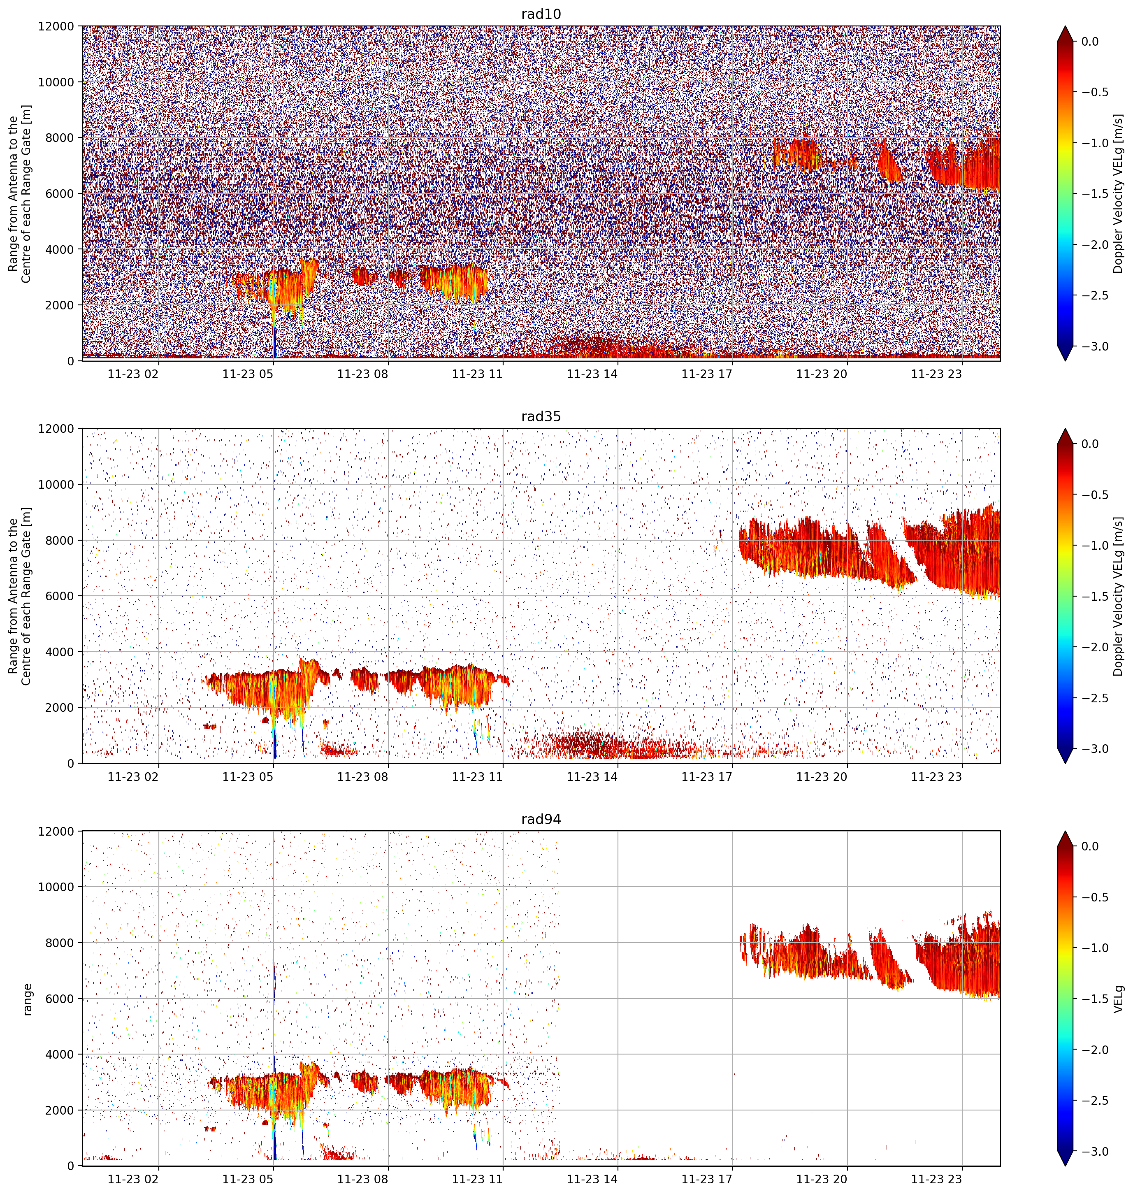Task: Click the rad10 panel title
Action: pyautogui.click(x=541, y=14)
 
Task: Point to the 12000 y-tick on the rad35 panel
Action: pyautogui.click(x=57, y=429)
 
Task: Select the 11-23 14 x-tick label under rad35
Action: pyautogui.click(x=592, y=777)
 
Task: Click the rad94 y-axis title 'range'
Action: pyautogui.click(x=27, y=999)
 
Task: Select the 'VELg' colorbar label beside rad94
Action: pyautogui.click(x=1119, y=999)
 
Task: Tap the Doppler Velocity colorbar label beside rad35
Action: pyautogui.click(x=1119, y=596)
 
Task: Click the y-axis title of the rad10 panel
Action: pyautogui.click(x=19, y=193)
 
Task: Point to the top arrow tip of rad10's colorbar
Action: pyautogui.click(x=1066, y=26)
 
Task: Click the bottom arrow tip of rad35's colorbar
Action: pyautogui.click(x=1066, y=763)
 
